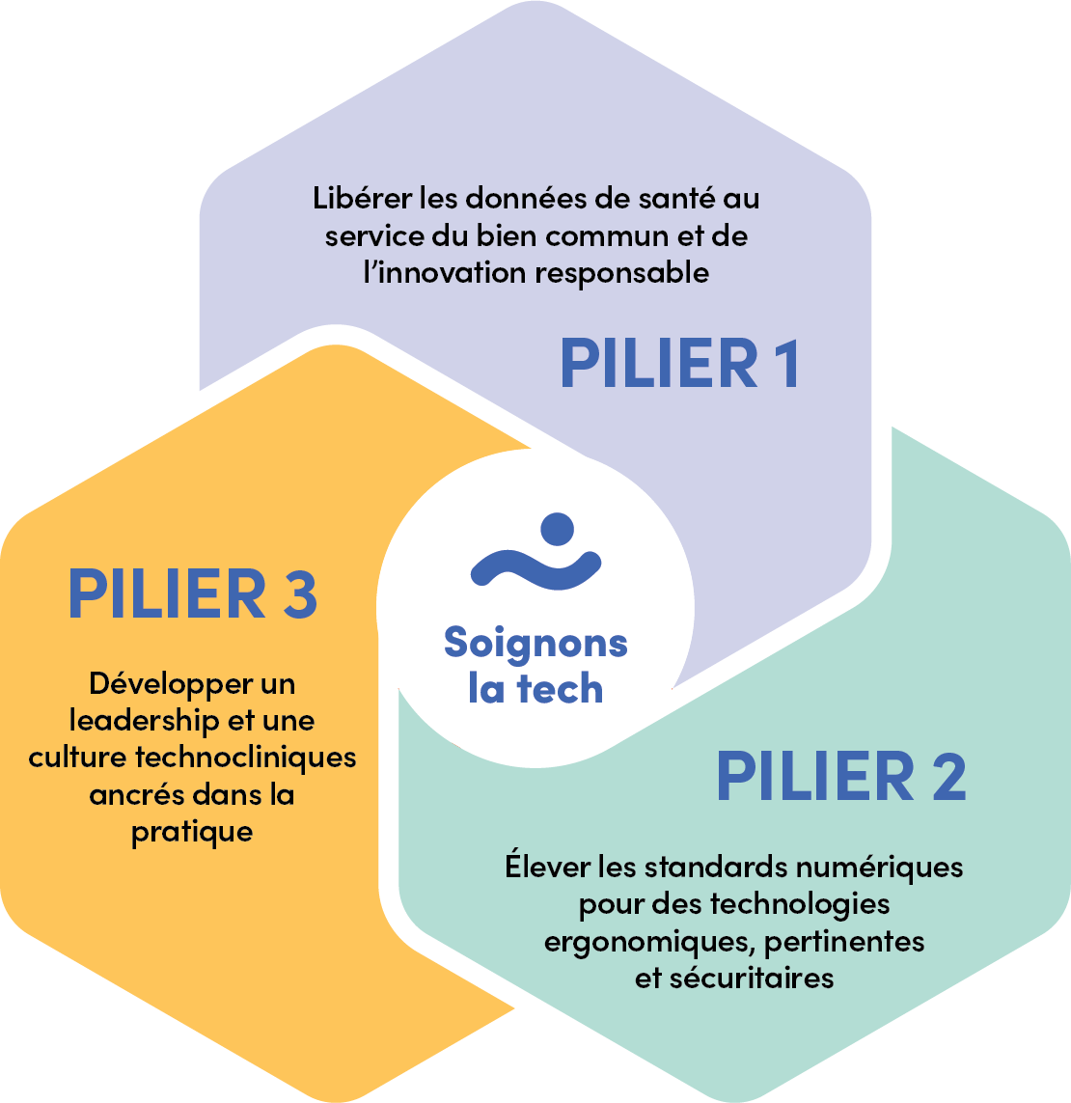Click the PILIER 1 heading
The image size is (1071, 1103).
point(680,365)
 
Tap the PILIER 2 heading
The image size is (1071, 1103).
point(840,778)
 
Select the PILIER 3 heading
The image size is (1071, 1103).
point(192,594)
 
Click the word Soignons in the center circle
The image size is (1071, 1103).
point(535,644)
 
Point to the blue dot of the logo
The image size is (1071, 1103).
point(557,529)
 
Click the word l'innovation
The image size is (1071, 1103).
point(445,272)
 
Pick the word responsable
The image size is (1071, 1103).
point(622,273)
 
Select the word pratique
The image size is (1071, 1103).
point(192,832)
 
